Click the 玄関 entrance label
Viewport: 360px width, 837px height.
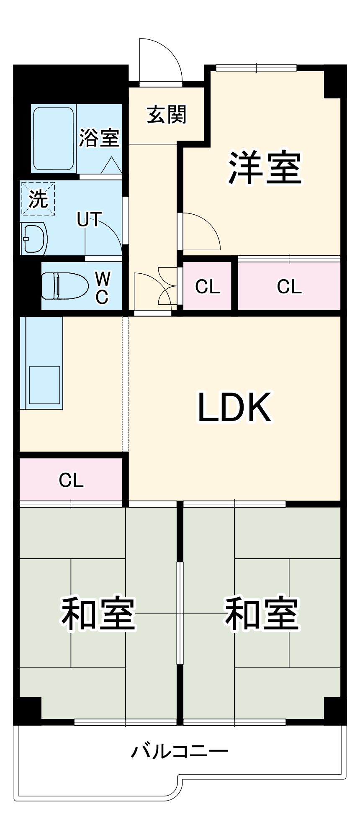pos(167,115)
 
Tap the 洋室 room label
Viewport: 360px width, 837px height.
pos(265,167)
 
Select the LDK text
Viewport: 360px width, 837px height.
pos(234,407)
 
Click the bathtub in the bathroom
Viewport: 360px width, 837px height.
pos(54,139)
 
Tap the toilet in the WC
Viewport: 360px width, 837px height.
pos(65,286)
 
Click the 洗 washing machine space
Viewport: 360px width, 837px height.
pos(38,198)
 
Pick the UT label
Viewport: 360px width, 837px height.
pos(89,219)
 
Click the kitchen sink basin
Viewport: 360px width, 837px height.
pos(44,385)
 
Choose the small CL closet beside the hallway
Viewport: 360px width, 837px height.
pos(208,286)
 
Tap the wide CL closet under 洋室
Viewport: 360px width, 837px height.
pos(289,286)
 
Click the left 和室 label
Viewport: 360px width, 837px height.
pos(98,614)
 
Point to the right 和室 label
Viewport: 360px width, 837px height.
pos(262,614)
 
